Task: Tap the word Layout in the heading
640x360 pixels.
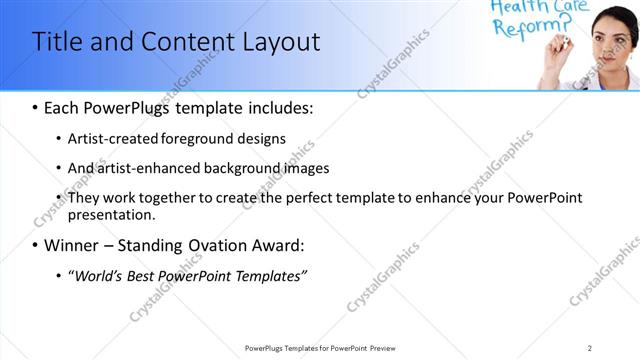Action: tap(283, 42)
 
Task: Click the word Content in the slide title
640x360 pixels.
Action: tap(183, 42)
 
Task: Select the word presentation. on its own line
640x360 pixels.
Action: tap(111, 214)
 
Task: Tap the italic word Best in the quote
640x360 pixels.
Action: tap(151, 275)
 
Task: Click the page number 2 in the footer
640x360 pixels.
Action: tap(590, 348)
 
